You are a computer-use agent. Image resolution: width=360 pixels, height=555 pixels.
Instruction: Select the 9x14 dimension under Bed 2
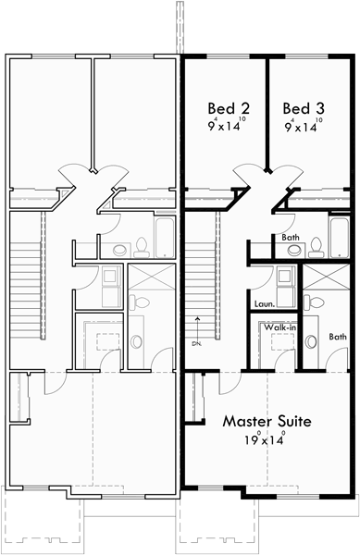coord(226,128)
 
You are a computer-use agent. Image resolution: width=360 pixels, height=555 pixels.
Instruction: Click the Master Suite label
coord(267,421)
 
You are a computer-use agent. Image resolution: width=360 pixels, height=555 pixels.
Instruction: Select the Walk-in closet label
coord(279,327)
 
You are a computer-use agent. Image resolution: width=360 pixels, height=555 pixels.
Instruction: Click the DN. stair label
coord(196,343)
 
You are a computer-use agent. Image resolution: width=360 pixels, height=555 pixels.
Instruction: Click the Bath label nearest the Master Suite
coord(338,337)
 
